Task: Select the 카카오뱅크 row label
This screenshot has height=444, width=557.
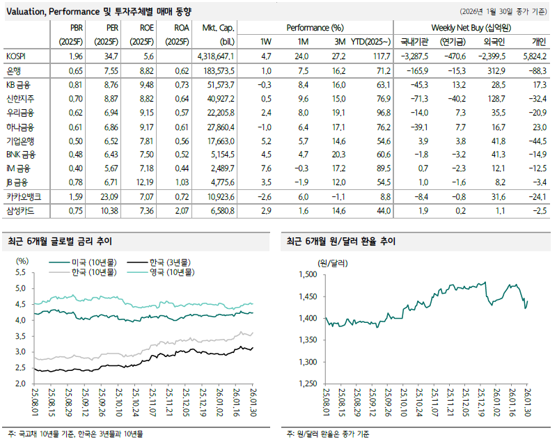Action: (21, 198)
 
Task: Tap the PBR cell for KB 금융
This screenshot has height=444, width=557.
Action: (76, 84)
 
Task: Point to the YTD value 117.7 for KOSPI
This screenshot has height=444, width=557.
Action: (377, 56)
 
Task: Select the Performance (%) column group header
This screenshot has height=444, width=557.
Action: (315, 27)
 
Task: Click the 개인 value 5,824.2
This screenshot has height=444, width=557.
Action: (533, 56)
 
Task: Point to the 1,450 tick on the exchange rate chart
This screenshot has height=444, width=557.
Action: (306, 296)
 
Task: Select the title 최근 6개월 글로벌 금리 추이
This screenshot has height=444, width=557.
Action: (59, 241)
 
